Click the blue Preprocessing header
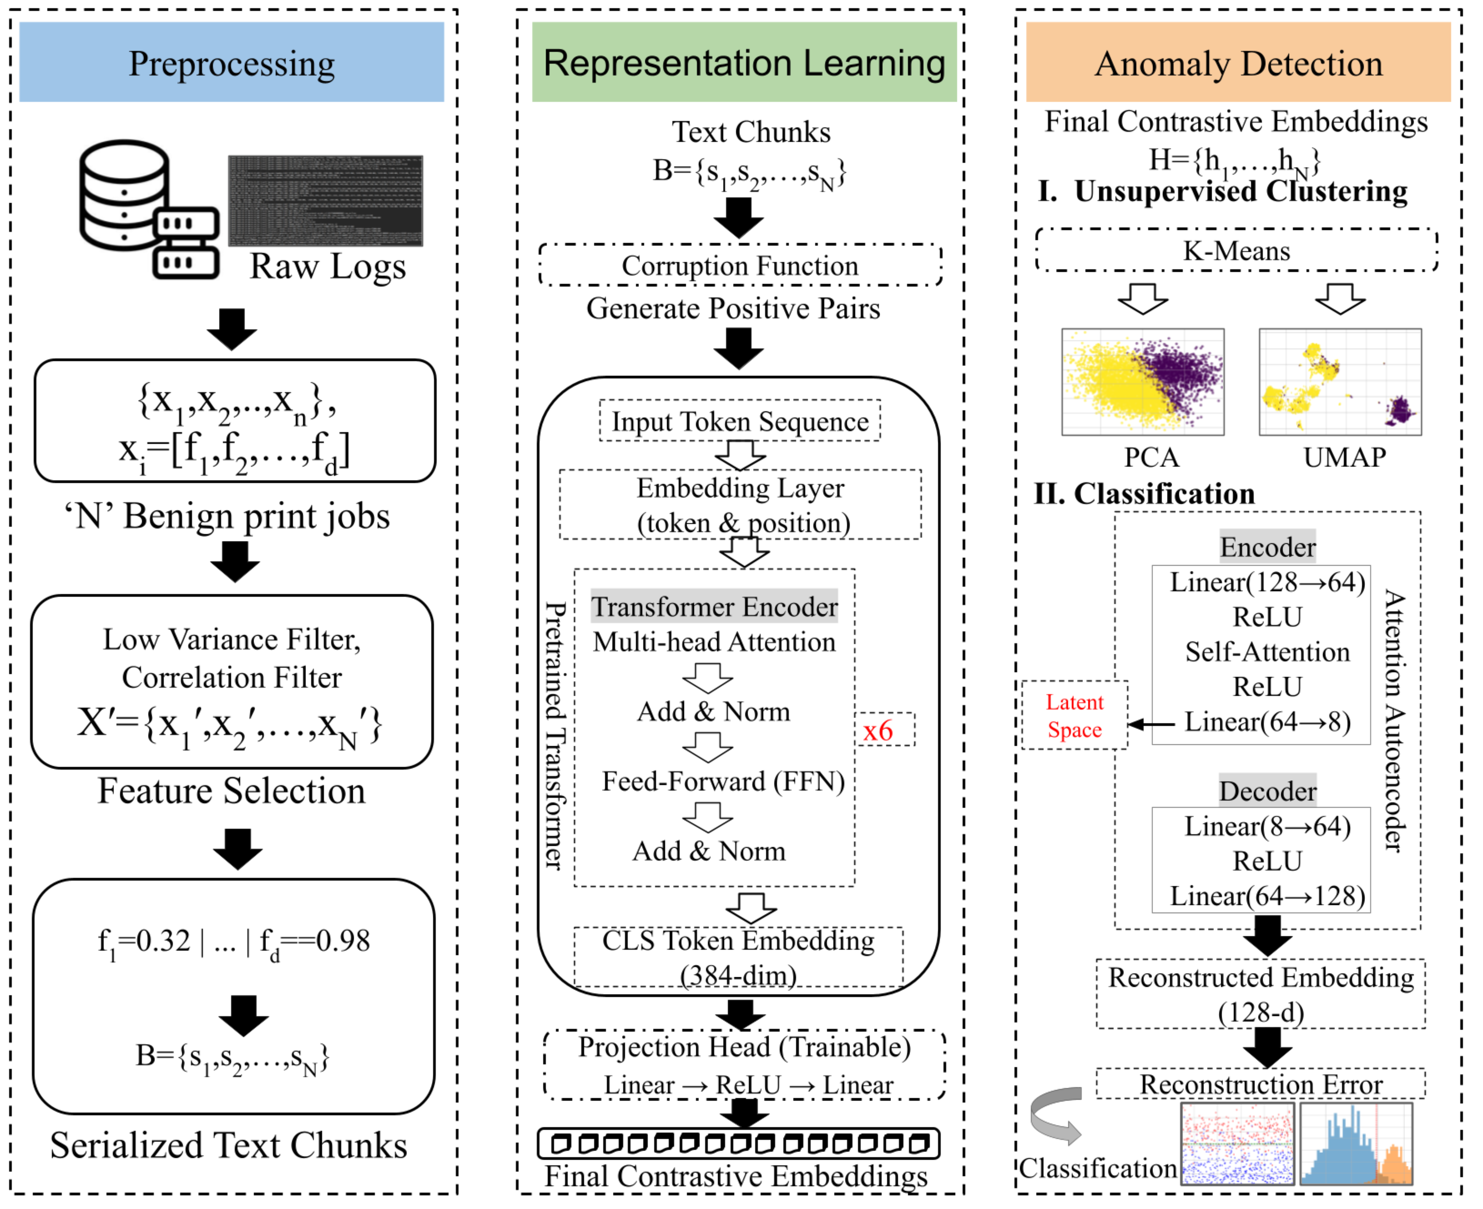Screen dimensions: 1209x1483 (231, 62)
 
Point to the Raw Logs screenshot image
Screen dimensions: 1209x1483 (325, 200)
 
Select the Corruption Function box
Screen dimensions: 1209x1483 (740, 265)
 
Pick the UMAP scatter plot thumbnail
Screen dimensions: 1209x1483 (1340, 382)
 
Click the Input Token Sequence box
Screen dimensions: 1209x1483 (740, 421)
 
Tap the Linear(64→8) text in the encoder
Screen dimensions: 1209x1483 (1267, 721)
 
